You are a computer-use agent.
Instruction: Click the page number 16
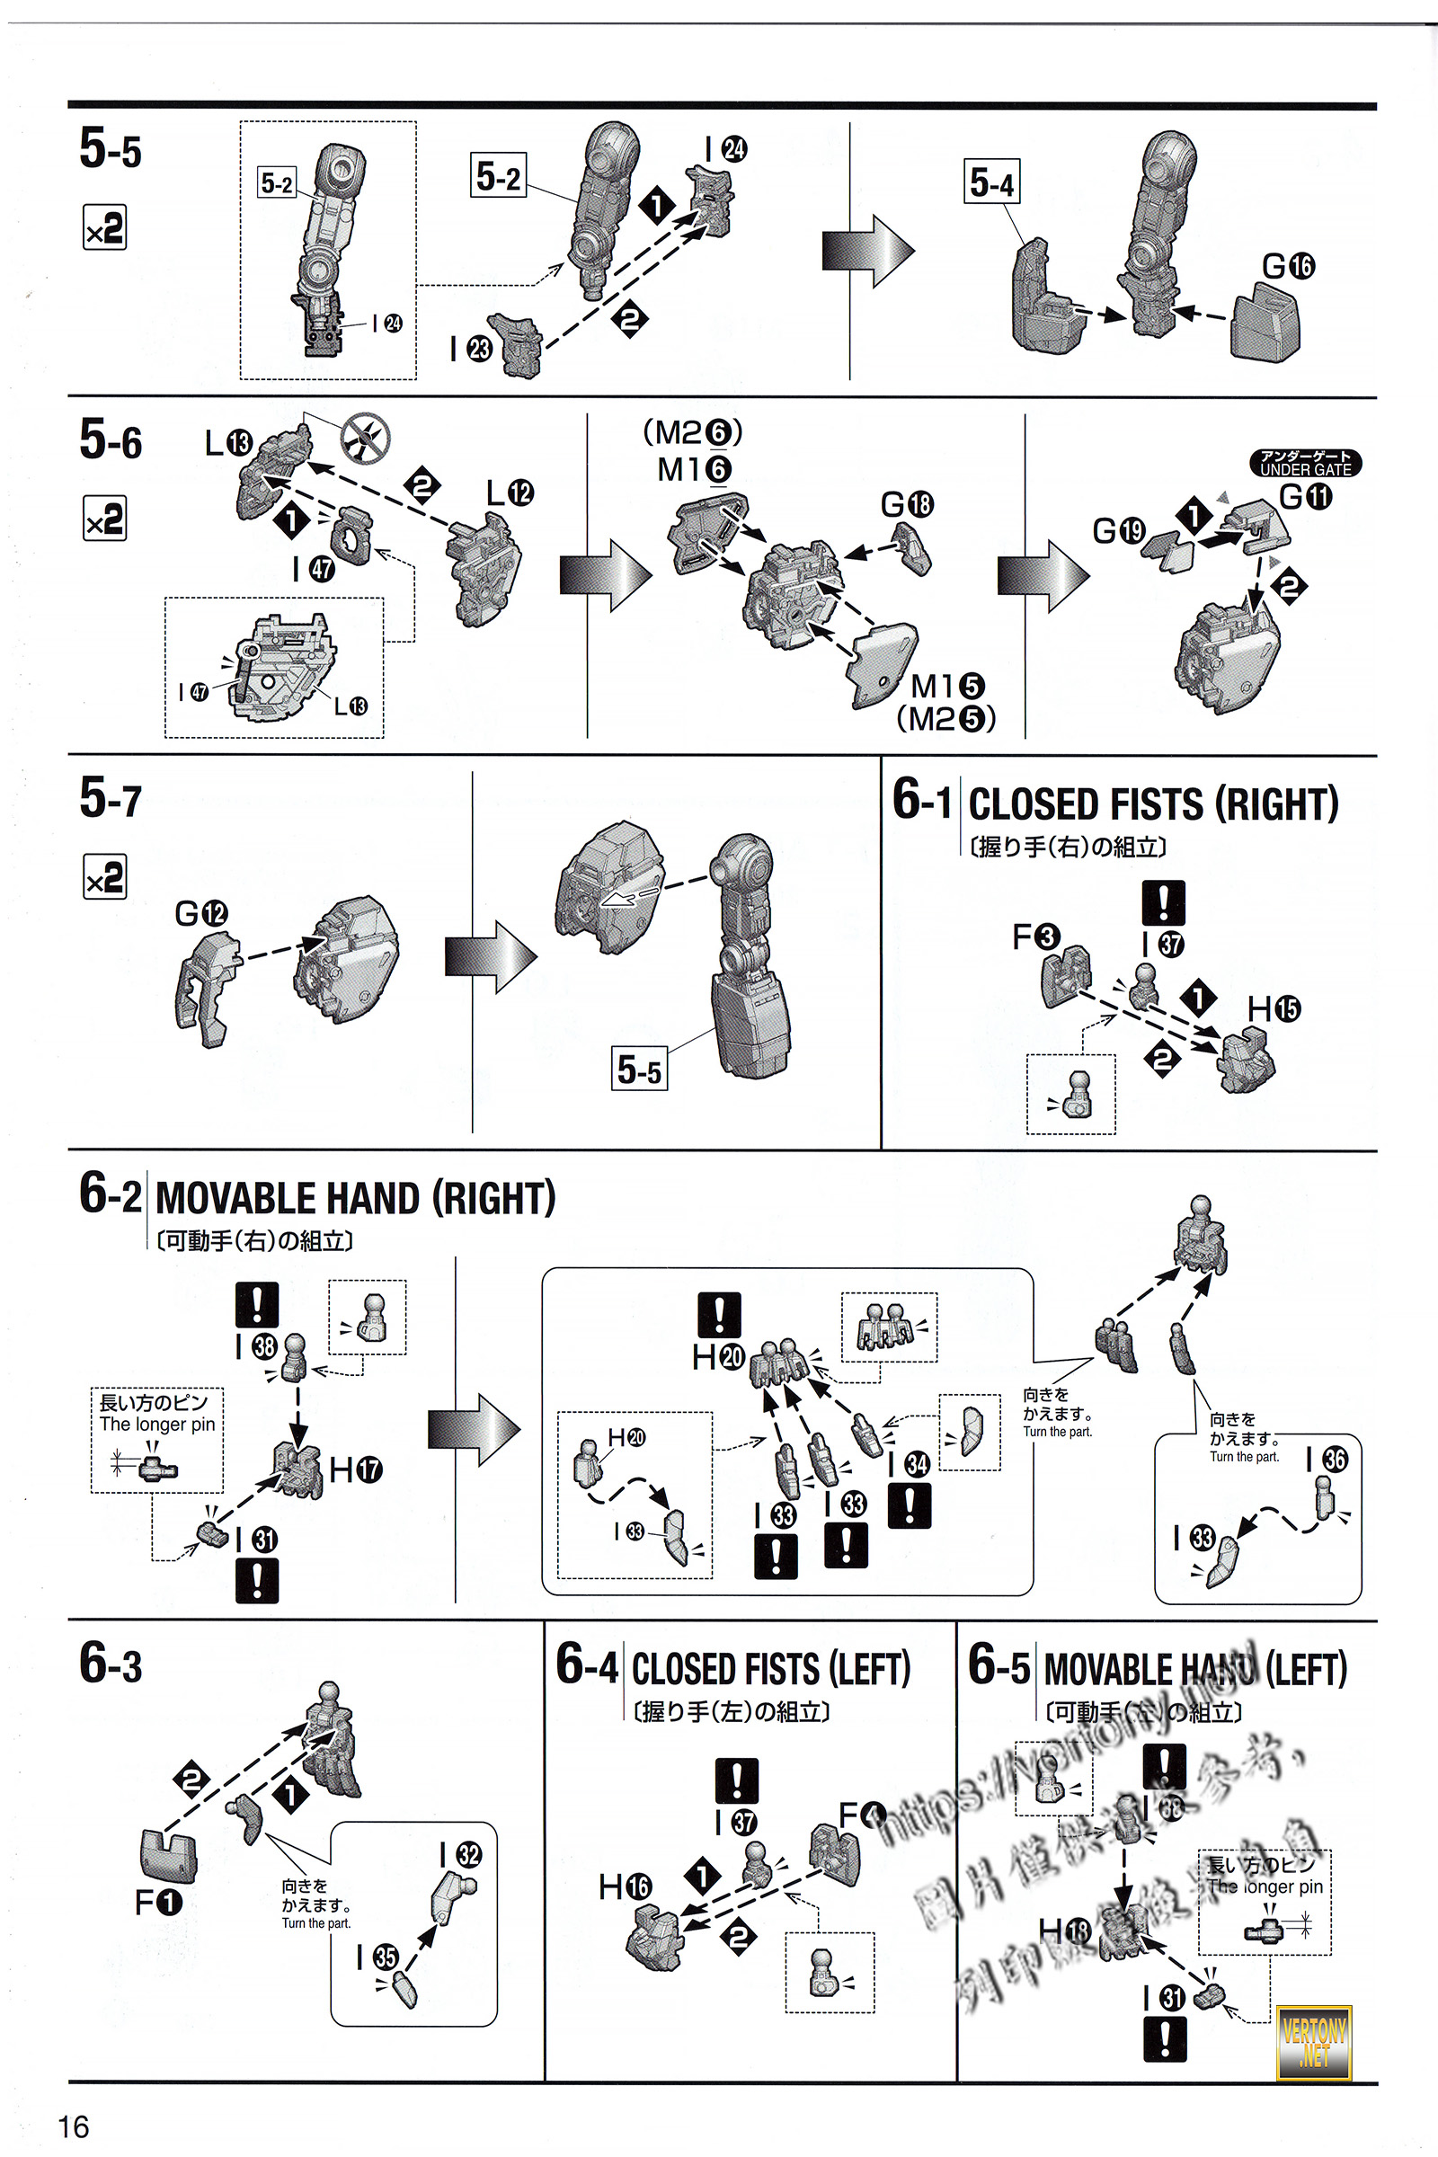[x=74, y=2126]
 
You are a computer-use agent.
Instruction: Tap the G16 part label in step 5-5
[x=1288, y=267]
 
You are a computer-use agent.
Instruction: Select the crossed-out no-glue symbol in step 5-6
[x=365, y=439]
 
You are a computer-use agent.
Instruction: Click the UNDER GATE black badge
[x=1305, y=462]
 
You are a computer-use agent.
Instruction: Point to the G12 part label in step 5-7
[x=200, y=913]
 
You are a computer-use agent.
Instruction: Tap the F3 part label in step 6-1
[x=1035, y=937]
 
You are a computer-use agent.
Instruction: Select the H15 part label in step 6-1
[x=1273, y=1008]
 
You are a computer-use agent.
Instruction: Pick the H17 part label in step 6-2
[x=356, y=1470]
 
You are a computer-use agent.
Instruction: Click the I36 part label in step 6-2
[x=1327, y=1459]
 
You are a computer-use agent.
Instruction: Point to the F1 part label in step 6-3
[x=159, y=1904]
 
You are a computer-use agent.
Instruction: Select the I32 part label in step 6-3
[x=460, y=1854]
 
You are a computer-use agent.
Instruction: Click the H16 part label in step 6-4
[x=626, y=1886]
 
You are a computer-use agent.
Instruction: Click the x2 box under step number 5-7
[x=104, y=878]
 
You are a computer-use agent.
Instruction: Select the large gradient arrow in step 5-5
[x=866, y=251]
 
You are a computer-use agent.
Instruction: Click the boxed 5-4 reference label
[x=991, y=182]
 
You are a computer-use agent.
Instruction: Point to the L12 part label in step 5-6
[x=509, y=493]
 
